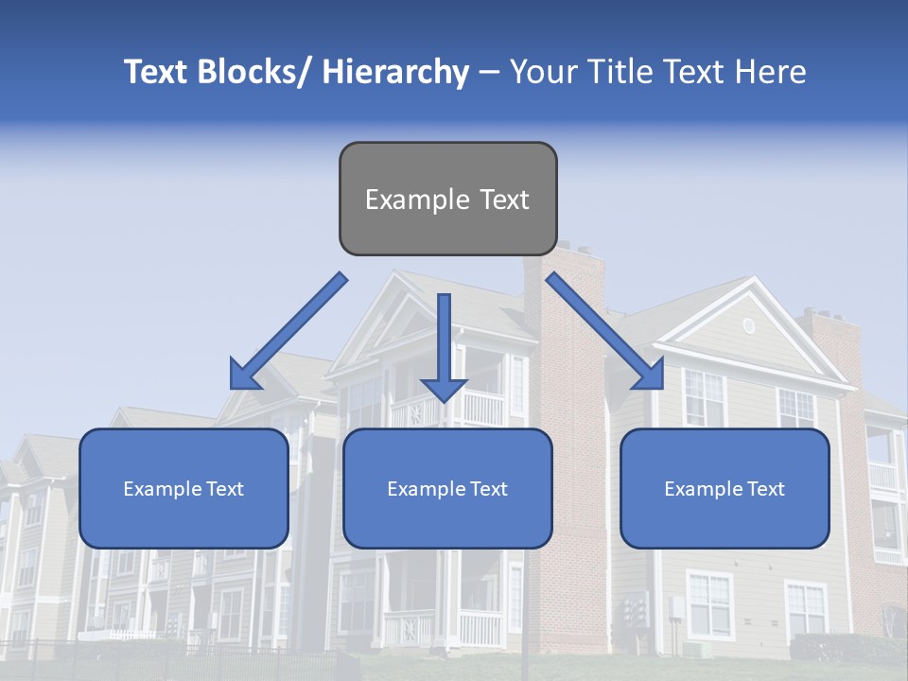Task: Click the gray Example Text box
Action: click(447, 199)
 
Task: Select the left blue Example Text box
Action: click(183, 488)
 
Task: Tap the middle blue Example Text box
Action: click(447, 488)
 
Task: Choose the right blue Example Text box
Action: click(725, 488)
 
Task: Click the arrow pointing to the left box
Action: click(288, 331)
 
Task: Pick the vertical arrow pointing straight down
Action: click(444, 345)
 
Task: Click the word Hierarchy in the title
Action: click(395, 72)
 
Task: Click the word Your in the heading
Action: click(544, 72)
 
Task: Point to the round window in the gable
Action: click(748, 325)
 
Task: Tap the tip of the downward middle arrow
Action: click(444, 399)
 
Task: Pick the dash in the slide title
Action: click(489, 72)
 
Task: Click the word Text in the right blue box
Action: click(765, 488)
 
